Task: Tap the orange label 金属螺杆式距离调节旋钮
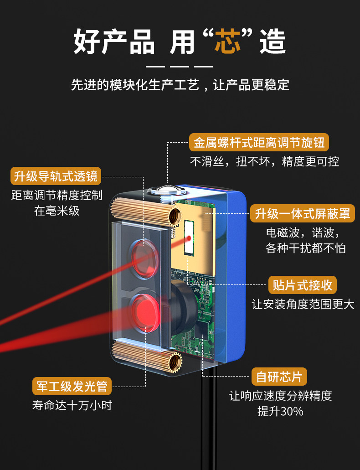[259, 143]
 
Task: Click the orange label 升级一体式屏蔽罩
[303, 213]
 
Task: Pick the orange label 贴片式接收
[302, 286]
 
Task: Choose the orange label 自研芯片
[279, 377]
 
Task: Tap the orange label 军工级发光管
[72, 386]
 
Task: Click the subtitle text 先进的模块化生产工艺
[135, 85]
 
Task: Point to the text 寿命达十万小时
[72, 405]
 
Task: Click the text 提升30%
[280, 411]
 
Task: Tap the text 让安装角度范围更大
[303, 304]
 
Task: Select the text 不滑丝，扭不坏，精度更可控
[264, 161]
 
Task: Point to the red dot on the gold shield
[188, 238]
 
